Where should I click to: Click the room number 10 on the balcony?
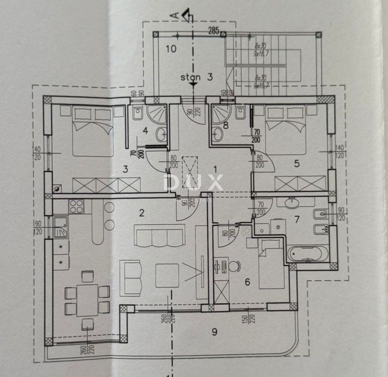(171, 49)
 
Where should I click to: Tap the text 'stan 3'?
(197, 77)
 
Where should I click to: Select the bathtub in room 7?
(307, 254)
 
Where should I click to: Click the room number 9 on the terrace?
(214, 331)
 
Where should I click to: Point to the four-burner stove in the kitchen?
(76, 206)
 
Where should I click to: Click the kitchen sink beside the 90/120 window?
(61, 227)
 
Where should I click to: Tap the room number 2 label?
(141, 213)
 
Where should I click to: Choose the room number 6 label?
(247, 282)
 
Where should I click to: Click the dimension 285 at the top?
(214, 31)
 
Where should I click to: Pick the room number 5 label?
(297, 164)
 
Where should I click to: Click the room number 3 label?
(125, 168)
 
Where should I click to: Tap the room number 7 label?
(297, 219)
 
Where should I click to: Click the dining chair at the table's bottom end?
(88, 324)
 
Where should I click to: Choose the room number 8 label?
(226, 125)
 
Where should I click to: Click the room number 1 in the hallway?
(215, 168)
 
